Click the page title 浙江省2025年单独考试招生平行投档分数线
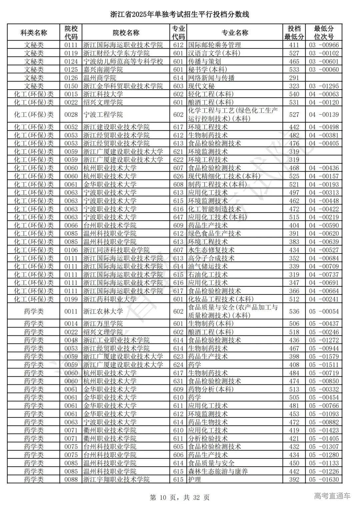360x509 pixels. coord(180,14)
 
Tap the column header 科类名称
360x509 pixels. coord(34,33)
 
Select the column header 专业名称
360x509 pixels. coord(235,33)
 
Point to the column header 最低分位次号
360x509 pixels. coord(324,33)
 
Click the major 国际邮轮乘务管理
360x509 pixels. coord(214,45)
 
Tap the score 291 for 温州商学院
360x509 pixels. coord(294,78)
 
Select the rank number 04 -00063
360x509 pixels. coord(324,94)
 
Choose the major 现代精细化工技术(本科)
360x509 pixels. coord(221,176)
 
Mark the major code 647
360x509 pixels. coord(178,217)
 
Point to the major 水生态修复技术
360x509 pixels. coord(211,250)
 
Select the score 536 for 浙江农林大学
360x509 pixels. coord(294,311)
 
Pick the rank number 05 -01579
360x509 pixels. coord(324,357)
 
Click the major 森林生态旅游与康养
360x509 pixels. coord(218,471)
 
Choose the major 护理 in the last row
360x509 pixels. coord(194,480)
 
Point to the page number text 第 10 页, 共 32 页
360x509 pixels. coord(180,498)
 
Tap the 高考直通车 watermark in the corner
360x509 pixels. coord(332,496)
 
